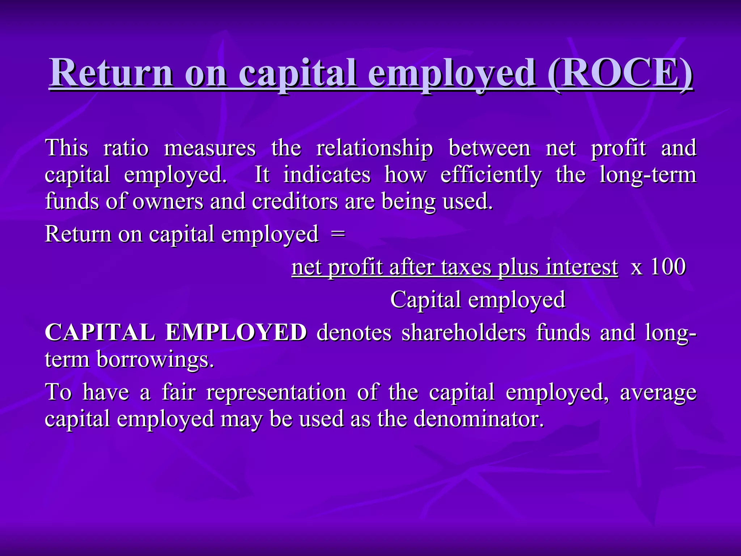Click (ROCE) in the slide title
[x=620, y=73]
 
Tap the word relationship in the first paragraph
[x=374, y=149]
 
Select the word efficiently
[x=491, y=175]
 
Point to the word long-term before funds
[x=648, y=175]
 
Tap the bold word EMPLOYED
[x=236, y=332]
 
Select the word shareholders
[x=463, y=332]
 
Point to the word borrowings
[x=155, y=359]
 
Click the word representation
[x=276, y=392]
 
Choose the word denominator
[x=479, y=419]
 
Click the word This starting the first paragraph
[x=67, y=148]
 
